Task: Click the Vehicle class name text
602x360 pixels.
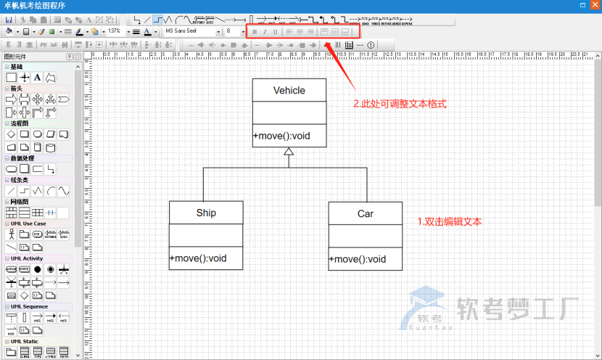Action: [x=289, y=91]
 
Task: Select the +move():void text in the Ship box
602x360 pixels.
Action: [x=198, y=258]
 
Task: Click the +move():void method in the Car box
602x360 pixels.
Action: [x=358, y=259]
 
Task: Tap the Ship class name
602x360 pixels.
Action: [x=206, y=213]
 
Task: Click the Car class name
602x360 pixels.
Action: [x=365, y=214]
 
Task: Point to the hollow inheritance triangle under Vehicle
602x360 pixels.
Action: [x=289, y=152]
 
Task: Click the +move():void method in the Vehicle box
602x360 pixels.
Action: [x=281, y=136]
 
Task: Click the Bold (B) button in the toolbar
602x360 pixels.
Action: [x=254, y=32]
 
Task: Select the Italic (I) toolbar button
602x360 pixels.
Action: [x=264, y=32]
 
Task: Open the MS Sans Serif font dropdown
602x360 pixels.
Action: [x=189, y=32]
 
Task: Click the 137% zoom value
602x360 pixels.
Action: [x=114, y=32]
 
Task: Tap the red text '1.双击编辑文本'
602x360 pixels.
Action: [x=450, y=221]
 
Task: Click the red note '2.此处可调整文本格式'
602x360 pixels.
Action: [x=399, y=105]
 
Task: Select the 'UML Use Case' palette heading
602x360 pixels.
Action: [x=28, y=224]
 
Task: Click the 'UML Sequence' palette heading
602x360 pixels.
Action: [x=29, y=306]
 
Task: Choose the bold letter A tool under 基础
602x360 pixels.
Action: [x=37, y=77]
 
